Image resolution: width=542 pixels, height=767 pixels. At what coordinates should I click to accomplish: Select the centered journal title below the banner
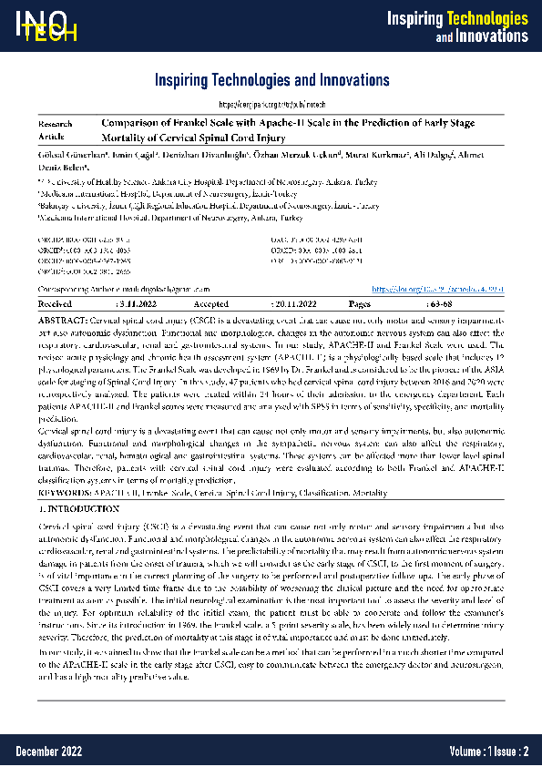point(271,80)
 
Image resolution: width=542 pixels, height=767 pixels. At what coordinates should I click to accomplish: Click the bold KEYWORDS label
point(65,492)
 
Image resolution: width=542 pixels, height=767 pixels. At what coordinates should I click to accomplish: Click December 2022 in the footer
point(48,751)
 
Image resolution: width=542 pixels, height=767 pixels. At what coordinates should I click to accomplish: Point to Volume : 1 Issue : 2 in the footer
point(488,751)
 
